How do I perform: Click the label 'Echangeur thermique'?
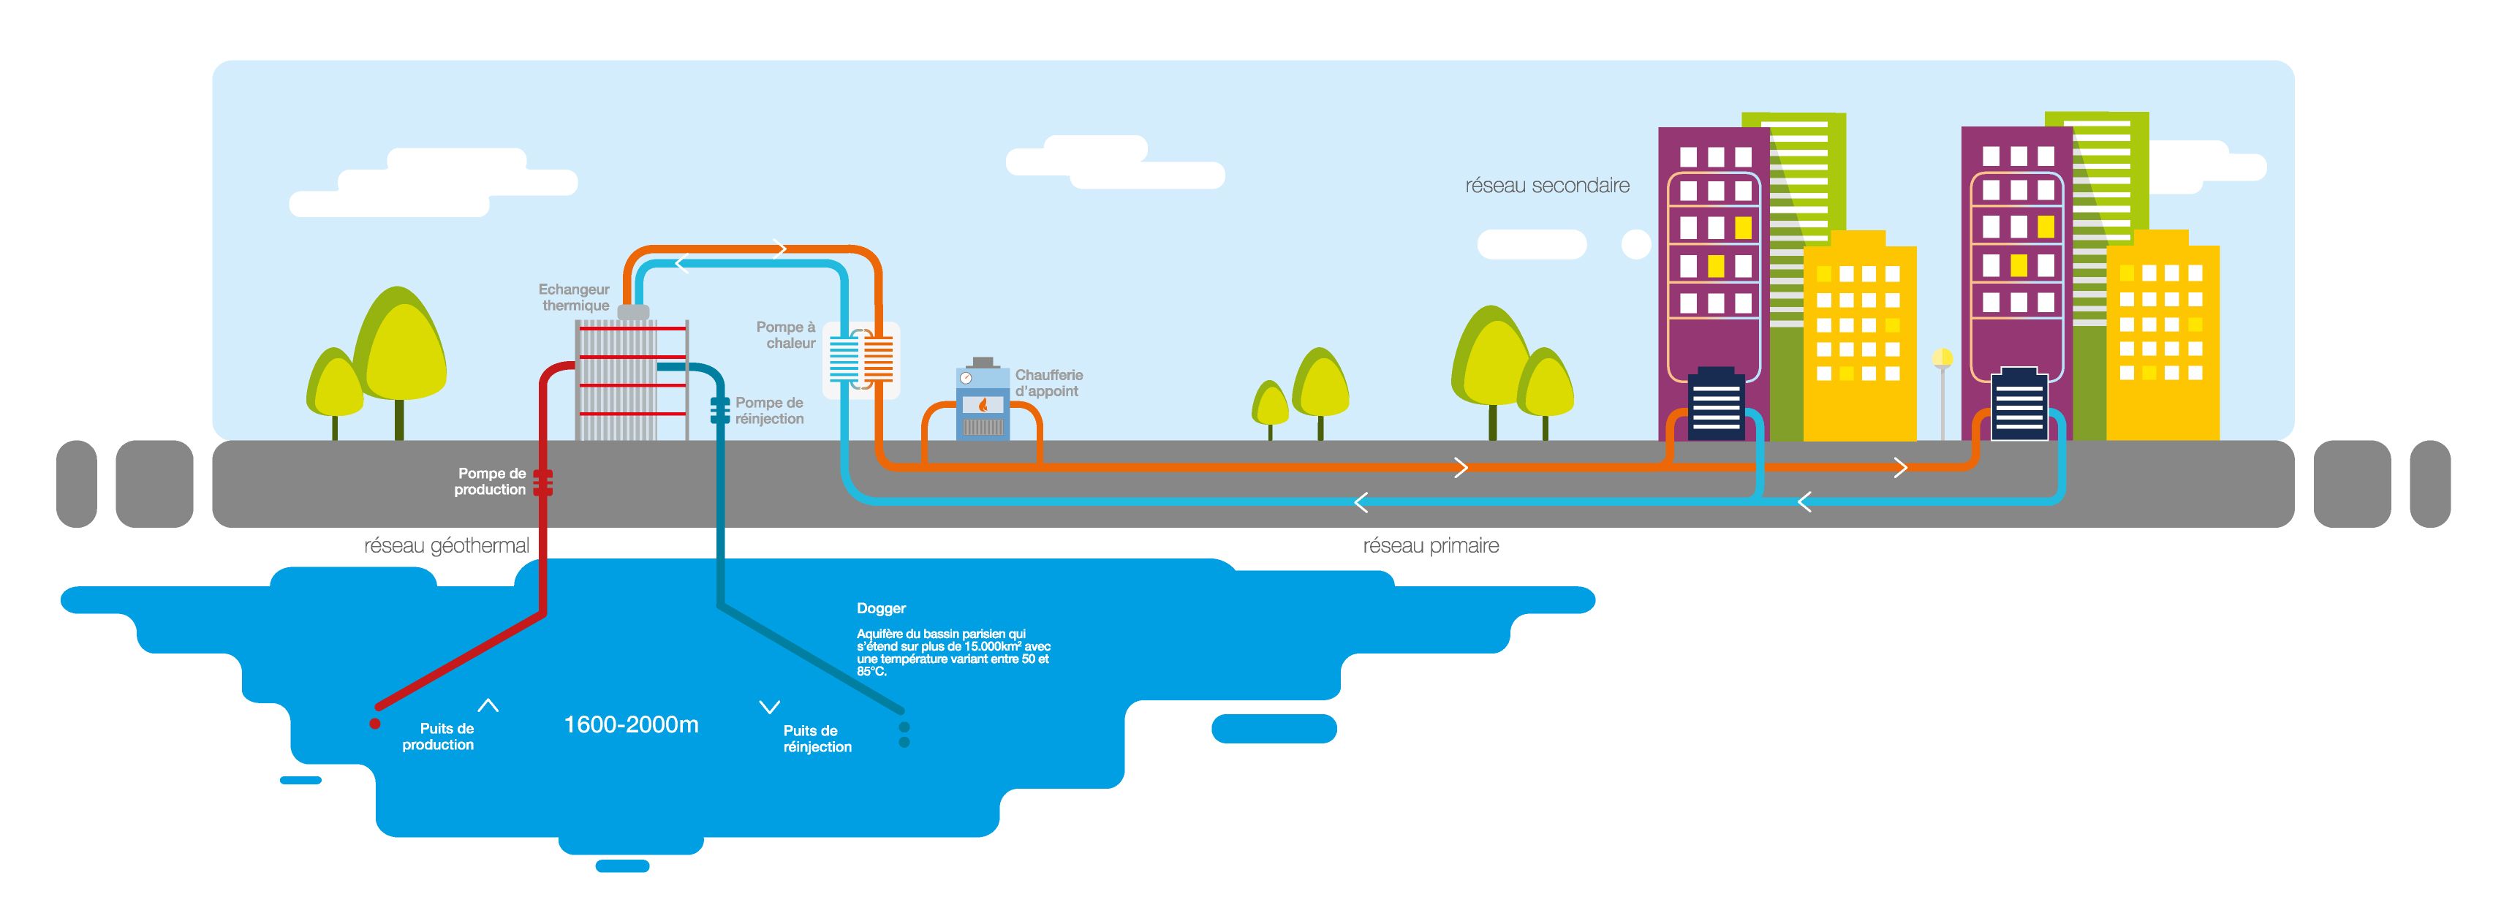pyautogui.click(x=575, y=298)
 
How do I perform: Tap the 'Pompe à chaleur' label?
pyautogui.click(x=786, y=335)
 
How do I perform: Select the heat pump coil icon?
pyautogui.click(x=861, y=359)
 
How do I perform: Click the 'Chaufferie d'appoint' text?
pyautogui.click(x=1048, y=382)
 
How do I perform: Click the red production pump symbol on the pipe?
pyautogui.click(x=543, y=482)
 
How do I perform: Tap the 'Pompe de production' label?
pyautogui.click(x=491, y=481)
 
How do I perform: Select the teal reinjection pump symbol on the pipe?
pyautogui.click(x=719, y=409)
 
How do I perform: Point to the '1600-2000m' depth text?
pyautogui.click(x=631, y=724)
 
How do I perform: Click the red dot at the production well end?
pyautogui.click(x=374, y=724)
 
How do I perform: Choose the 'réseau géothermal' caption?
pyautogui.click(x=447, y=546)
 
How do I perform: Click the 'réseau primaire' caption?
pyautogui.click(x=1431, y=546)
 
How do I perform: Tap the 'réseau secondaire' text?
pyautogui.click(x=1546, y=186)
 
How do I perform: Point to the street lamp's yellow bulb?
pyautogui.click(x=1942, y=359)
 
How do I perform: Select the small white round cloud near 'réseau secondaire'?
pyautogui.click(x=1635, y=244)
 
